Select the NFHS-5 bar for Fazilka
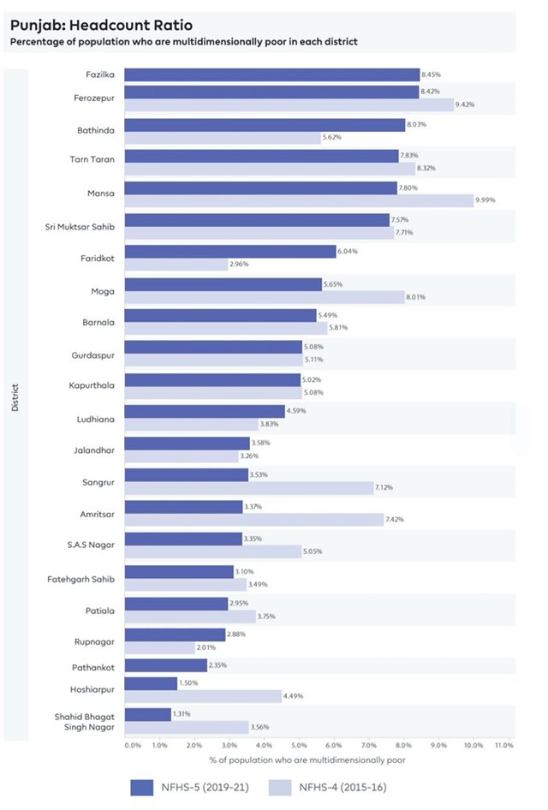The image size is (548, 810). (x=272, y=74)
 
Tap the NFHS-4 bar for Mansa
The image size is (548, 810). (x=299, y=200)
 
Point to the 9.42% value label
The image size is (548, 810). (x=466, y=104)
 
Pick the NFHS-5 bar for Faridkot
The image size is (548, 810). (x=230, y=252)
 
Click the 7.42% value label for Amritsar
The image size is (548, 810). (x=397, y=519)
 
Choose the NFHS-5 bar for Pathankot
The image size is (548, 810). (x=166, y=665)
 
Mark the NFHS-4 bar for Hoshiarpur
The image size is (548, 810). (x=203, y=695)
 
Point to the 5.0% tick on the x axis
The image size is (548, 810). (x=299, y=746)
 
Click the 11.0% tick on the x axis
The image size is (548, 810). (x=503, y=746)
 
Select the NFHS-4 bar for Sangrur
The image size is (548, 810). (x=249, y=487)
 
